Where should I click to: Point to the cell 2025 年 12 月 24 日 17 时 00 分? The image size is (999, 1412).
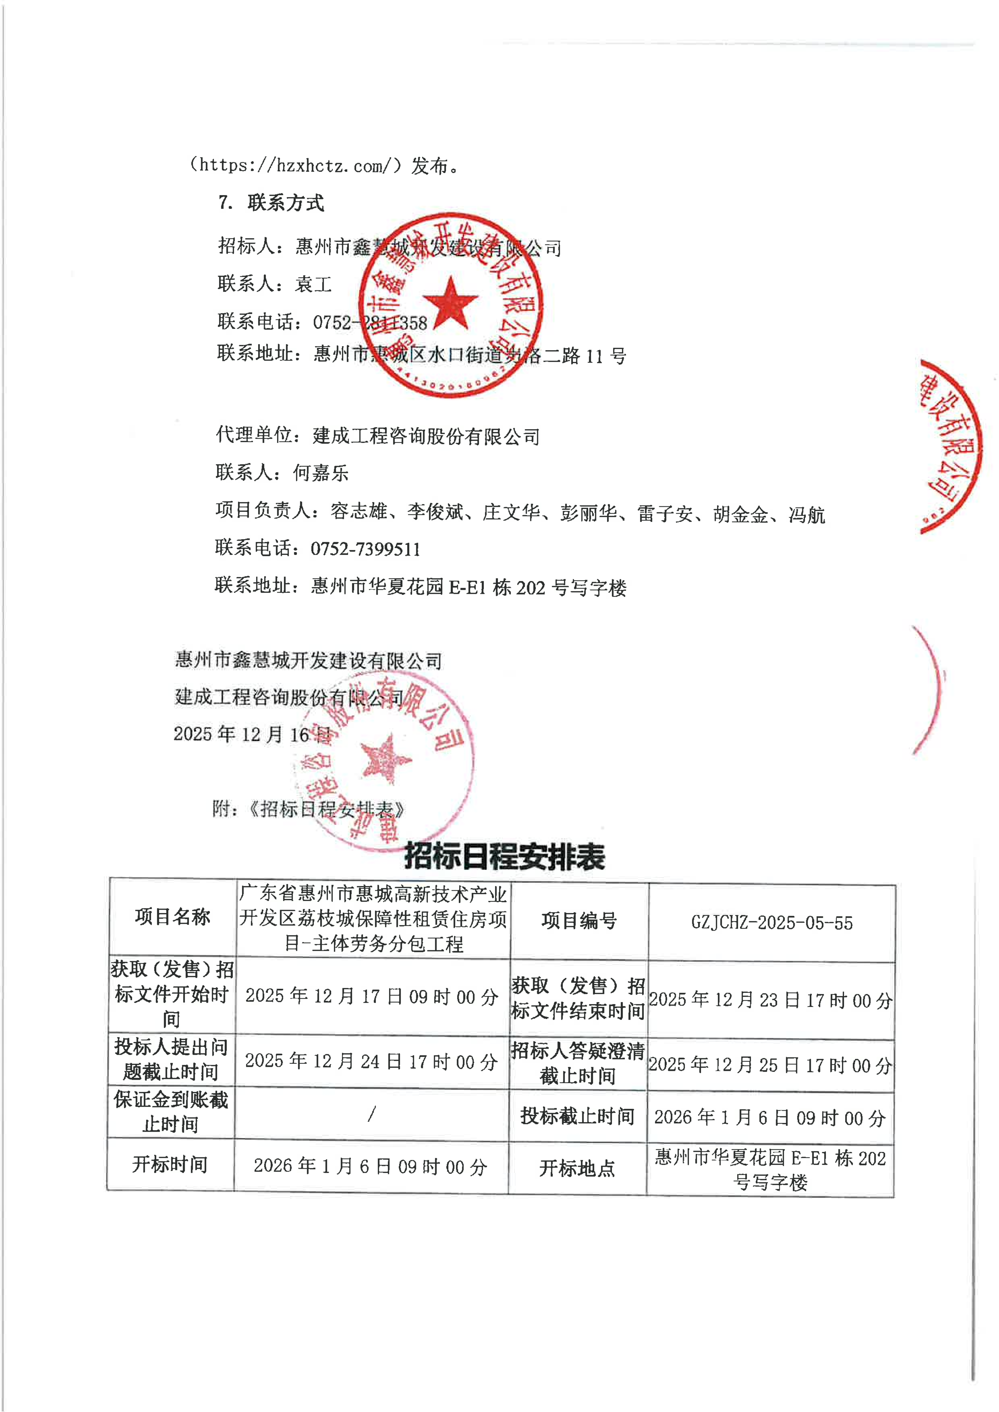[372, 1061]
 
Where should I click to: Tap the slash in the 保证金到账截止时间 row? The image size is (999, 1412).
[372, 1113]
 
